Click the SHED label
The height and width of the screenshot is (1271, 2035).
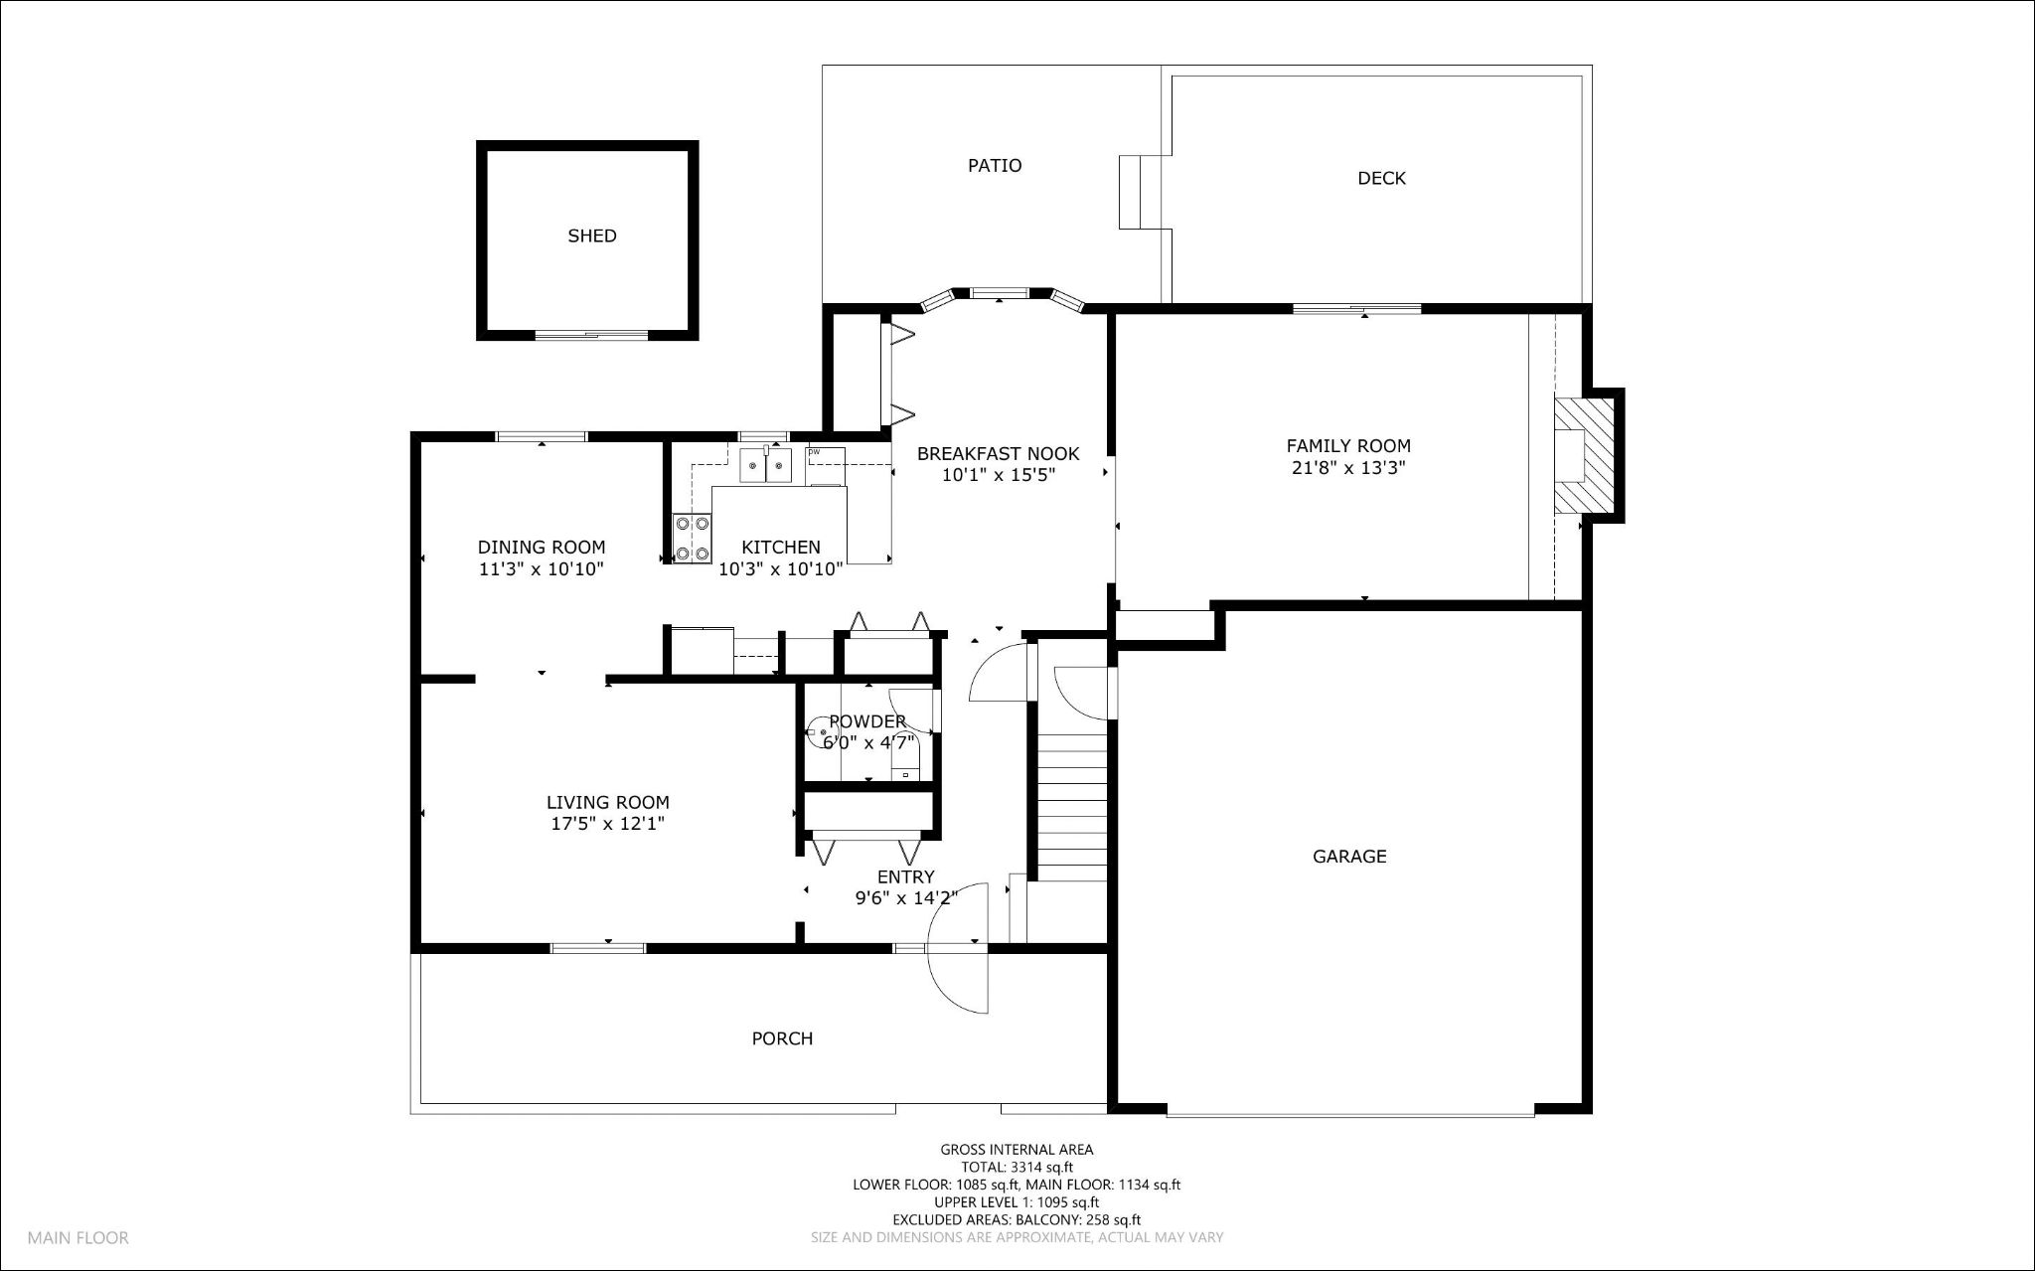[x=591, y=237]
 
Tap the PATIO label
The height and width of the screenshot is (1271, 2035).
[x=995, y=166]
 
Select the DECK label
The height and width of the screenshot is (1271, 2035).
[x=1381, y=179]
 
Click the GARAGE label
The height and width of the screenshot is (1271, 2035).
[x=1348, y=857]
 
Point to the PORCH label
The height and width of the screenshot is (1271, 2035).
[x=782, y=1039]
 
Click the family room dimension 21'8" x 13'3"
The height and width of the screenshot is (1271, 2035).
[x=1347, y=468]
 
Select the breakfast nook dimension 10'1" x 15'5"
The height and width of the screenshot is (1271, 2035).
[x=998, y=475]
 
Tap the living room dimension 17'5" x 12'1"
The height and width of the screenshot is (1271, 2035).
[x=607, y=824]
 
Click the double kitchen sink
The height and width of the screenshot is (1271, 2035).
[x=765, y=465]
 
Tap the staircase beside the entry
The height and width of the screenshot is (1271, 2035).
[x=1072, y=805]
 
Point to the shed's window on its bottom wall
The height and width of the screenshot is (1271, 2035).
[x=592, y=335]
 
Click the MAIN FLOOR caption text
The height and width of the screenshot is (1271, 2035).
[x=78, y=1238]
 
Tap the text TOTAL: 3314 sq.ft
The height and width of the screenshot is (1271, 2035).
[x=1017, y=1168]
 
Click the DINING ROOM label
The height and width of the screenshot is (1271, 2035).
[x=541, y=548]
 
